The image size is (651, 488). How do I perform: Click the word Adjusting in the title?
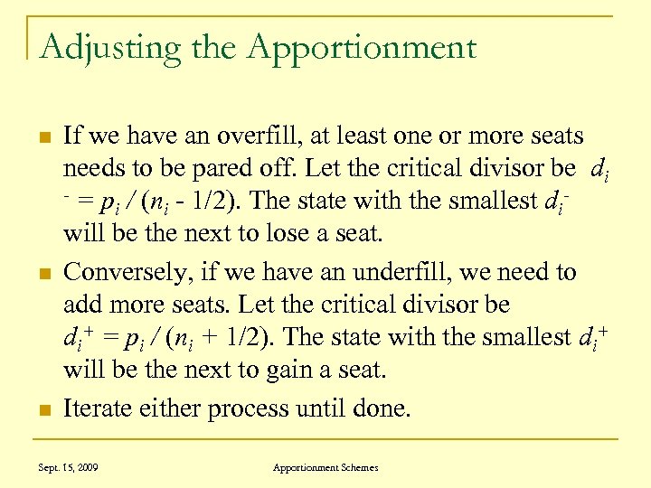click(x=92, y=47)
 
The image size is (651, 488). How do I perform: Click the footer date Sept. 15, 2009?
click(x=69, y=467)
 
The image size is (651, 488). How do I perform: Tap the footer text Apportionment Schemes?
click(x=325, y=467)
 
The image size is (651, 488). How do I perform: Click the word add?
click(x=80, y=305)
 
